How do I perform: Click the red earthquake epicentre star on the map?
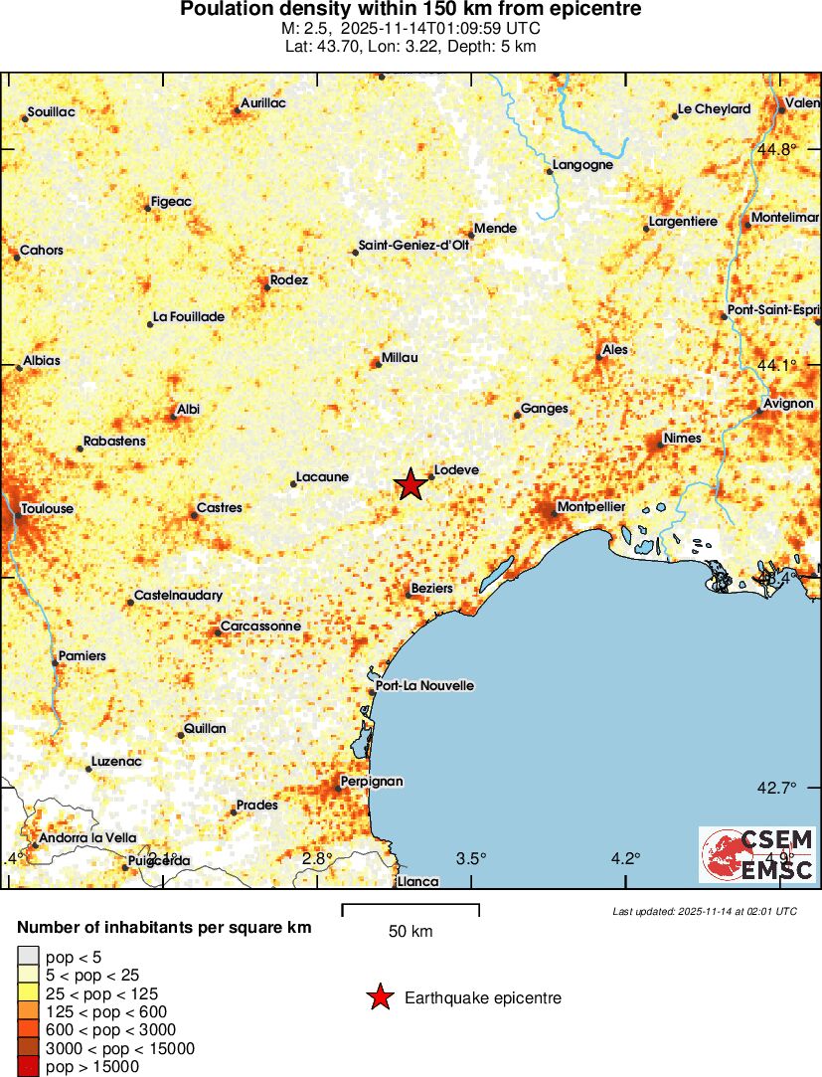pos(411,484)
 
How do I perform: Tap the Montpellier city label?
pos(591,507)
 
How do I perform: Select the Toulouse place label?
pos(47,508)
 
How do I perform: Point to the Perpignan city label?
pos(372,782)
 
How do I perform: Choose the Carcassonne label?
pos(259,627)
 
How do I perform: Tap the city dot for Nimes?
pos(660,443)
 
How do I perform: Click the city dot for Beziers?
pos(408,595)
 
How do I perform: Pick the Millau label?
pos(400,358)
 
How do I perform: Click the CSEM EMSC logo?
pos(757,854)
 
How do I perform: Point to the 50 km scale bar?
pos(411,907)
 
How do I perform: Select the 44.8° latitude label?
pos(776,149)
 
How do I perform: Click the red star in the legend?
pos(381,997)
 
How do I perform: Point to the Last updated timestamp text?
pos(705,911)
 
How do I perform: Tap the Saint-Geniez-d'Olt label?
pos(414,246)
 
